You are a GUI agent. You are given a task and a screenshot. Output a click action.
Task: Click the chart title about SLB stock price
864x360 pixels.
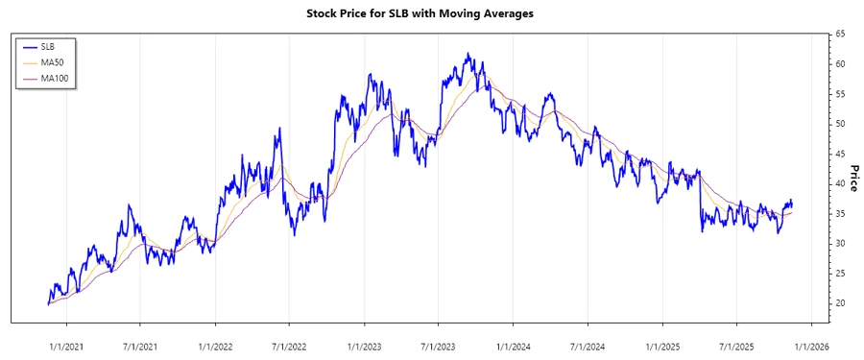(432, 14)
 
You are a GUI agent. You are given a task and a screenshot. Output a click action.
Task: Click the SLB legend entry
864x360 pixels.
(48, 45)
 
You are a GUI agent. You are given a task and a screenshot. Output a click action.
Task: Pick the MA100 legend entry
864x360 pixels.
(54, 77)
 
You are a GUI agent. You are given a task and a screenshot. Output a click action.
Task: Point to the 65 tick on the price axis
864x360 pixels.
(839, 34)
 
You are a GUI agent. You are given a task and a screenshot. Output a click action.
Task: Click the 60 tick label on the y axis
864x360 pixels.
(839, 63)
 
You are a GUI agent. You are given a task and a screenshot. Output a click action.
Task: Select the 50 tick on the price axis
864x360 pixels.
(839, 124)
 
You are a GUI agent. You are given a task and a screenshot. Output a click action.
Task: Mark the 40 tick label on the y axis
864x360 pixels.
(839, 183)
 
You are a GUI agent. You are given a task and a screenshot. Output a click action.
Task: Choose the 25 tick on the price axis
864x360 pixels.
(839, 274)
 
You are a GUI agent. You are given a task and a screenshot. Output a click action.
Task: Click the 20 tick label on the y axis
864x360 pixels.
(839, 303)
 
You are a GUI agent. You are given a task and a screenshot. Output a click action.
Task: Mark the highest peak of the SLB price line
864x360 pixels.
(468, 55)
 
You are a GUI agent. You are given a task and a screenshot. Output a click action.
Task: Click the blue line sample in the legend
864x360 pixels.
(29, 45)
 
